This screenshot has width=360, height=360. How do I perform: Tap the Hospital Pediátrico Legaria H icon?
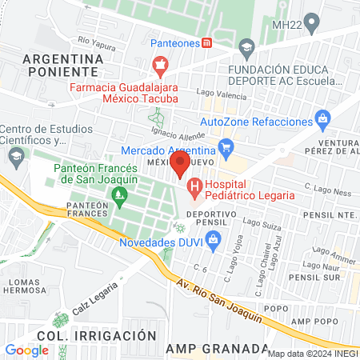(194, 189)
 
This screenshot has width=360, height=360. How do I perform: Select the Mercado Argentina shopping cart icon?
(226, 146)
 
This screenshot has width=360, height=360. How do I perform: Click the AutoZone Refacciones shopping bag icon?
(323, 121)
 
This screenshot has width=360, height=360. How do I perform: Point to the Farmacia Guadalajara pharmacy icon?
(161, 63)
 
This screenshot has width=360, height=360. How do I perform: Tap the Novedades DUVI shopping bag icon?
(213, 238)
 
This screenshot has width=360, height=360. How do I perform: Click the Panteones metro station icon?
(207, 42)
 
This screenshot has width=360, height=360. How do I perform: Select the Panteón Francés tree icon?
(119, 194)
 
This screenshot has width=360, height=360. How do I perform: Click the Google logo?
(26, 350)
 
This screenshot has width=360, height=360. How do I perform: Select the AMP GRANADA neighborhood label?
(217, 349)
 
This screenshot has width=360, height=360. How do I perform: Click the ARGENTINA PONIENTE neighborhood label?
(63, 66)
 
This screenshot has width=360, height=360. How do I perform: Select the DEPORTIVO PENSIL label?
(210, 220)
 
